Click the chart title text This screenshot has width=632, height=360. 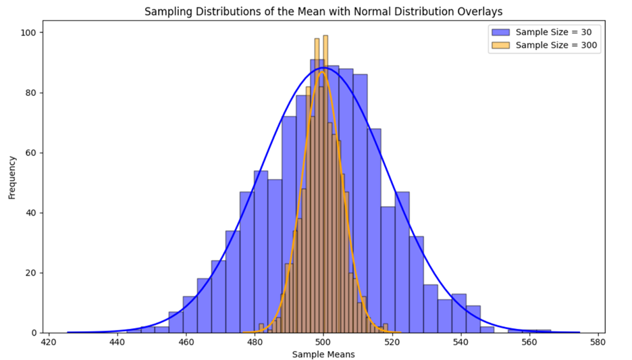click(323, 11)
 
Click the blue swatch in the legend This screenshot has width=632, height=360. click(500, 32)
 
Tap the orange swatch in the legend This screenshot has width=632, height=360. click(500, 45)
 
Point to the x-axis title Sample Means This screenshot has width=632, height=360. click(323, 354)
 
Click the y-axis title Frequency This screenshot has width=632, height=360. click(12, 178)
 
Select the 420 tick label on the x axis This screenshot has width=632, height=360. click(49, 342)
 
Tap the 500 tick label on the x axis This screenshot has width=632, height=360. click(323, 342)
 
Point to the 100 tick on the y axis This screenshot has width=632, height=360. click(30, 32)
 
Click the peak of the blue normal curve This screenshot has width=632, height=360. click(324, 68)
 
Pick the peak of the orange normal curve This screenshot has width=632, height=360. click(322, 71)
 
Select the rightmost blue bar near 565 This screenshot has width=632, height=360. click(544, 331)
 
